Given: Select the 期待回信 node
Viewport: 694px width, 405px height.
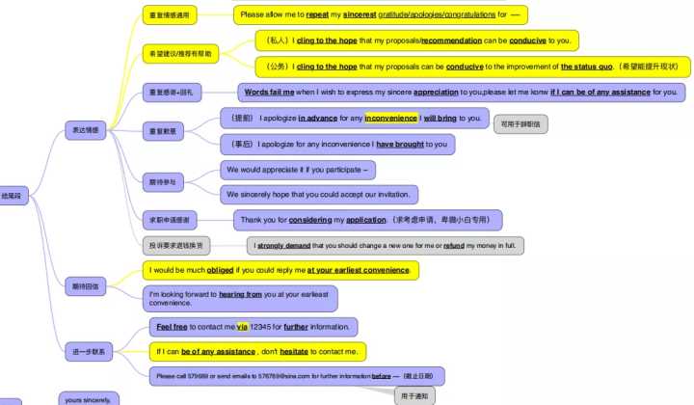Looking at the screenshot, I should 85,286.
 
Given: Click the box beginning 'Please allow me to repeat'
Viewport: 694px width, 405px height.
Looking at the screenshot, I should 381,14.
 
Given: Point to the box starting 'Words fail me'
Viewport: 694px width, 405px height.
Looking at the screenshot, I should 462,93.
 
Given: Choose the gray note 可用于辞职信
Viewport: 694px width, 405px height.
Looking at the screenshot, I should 520,123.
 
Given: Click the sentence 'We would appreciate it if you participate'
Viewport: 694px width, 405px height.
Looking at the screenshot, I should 297,170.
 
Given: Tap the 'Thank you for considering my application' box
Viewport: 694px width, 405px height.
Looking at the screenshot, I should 367,220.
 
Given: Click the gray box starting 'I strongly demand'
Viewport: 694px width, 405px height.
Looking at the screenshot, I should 385,246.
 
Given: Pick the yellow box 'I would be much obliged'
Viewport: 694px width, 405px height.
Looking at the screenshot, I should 280,270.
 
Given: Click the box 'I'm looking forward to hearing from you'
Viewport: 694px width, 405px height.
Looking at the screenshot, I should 243,298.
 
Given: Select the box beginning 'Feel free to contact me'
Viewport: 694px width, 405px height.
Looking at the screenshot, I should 253,327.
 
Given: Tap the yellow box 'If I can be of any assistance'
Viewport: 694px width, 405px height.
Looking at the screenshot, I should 256,352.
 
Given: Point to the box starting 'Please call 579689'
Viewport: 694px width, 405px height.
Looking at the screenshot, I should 297,376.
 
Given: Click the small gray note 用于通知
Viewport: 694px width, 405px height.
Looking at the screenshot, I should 415,395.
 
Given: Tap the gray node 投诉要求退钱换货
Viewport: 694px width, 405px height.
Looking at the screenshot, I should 175,245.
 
